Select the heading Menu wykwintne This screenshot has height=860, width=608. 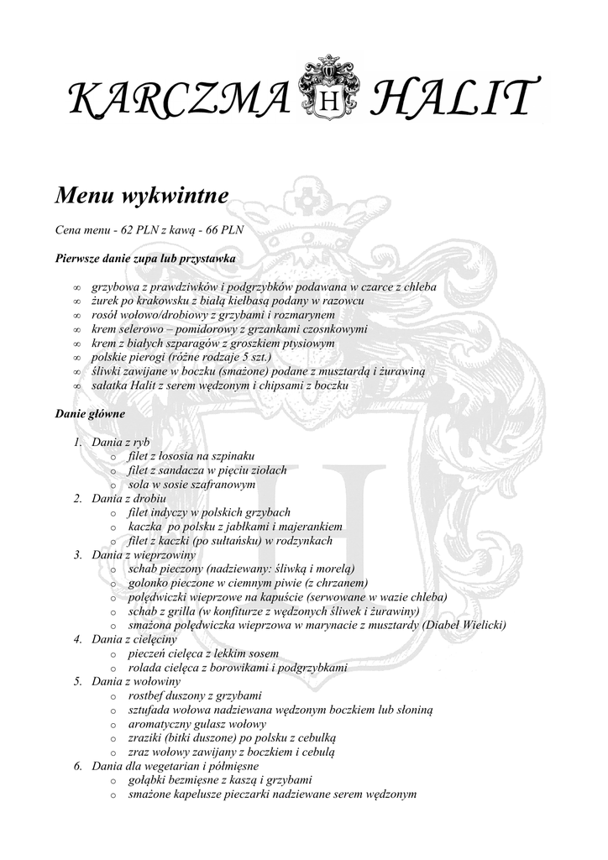[x=142, y=197]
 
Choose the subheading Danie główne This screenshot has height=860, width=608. [x=90, y=414]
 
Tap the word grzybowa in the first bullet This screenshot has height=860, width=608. [x=114, y=287]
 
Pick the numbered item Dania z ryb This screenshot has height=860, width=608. [x=121, y=442]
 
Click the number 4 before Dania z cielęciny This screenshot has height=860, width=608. [x=76, y=640]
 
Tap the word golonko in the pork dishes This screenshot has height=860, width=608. [x=148, y=584]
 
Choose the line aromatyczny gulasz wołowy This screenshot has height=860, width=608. [x=197, y=724]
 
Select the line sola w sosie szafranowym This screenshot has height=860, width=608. [x=191, y=485]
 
